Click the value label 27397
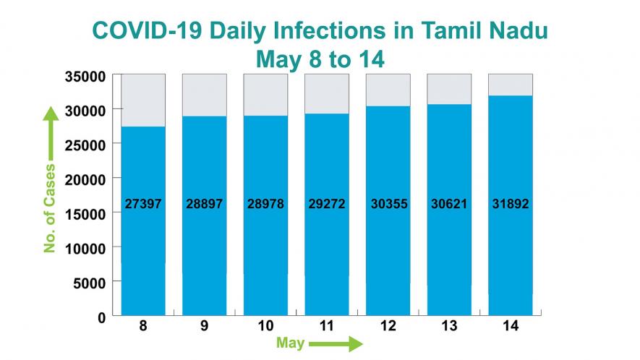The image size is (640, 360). click(x=143, y=205)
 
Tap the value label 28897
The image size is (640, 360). click(x=204, y=205)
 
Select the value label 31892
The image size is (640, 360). click(x=510, y=205)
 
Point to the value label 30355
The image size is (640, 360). click(x=388, y=205)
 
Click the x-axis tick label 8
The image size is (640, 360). click(x=143, y=327)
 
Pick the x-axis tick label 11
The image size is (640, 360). click(x=326, y=327)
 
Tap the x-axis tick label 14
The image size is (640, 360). click(x=510, y=327)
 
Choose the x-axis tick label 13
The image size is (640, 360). click(x=449, y=327)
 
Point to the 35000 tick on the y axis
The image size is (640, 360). click(x=87, y=76)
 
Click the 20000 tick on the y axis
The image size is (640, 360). click(x=87, y=179)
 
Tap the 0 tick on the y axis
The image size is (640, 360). click(x=101, y=317)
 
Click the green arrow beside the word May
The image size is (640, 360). click(x=335, y=343)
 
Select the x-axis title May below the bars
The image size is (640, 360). click(x=290, y=343)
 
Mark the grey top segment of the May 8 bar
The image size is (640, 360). click(x=143, y=100)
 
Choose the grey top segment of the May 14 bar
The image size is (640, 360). click(x=510, y=85)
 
